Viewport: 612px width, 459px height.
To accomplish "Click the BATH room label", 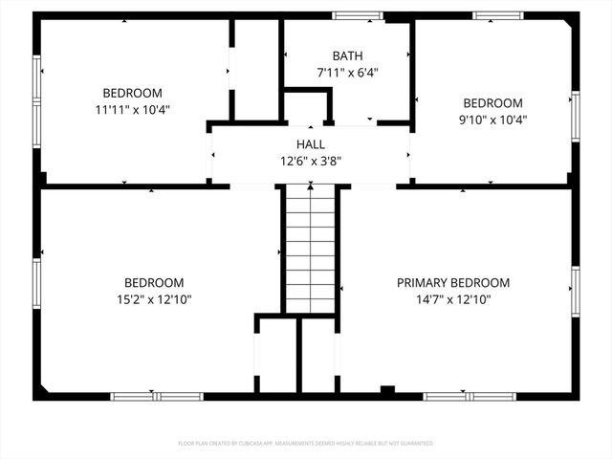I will click(x=347, y=55).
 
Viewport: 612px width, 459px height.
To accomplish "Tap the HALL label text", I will click(x=310, y=144).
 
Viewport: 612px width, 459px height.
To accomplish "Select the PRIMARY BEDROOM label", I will click(x=453, y=283).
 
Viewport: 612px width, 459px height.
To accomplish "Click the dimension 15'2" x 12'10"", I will click(x=153, y=299).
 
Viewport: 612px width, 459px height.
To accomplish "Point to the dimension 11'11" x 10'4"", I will click(x=132, y=110).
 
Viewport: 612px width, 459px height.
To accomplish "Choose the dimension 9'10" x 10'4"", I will click(x=492, y=120).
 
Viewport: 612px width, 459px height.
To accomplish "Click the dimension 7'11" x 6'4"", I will click(x=347, y=72).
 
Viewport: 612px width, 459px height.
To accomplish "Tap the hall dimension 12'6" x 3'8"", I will click(x=310, y=161).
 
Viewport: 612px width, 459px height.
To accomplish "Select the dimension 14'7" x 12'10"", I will click(x=453, y=299).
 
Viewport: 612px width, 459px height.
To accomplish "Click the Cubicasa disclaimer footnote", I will click(x=306, y=444).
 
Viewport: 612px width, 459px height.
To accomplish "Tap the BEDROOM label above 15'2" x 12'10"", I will click(x=153, y=283).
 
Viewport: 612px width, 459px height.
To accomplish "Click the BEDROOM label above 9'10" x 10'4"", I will click(x=492, y=103).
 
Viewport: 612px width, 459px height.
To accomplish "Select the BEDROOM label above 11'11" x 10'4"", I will click(x=132, y=93).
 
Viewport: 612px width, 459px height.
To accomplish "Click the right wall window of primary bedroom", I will click(x=575, y=293).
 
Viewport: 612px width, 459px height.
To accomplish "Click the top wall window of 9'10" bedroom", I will click(x=498, y=15).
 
